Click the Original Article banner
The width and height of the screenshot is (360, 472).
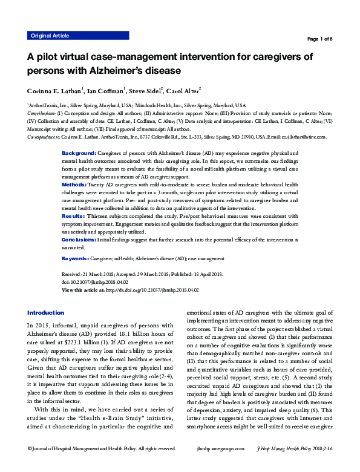(x=50, y=36)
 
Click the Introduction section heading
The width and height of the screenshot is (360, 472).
(x=45, y=313)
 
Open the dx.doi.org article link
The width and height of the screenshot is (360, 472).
(x=152, y=290)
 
